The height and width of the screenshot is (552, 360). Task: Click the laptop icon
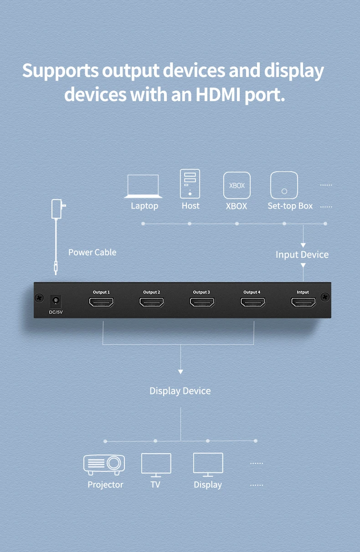[143, 186]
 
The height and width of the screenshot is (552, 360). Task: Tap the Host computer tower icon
[190, 184]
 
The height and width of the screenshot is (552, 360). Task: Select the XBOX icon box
[237, 185]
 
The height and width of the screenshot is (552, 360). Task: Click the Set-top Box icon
[284, 185]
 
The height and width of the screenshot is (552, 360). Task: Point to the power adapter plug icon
[58, 209]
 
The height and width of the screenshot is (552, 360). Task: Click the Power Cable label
[92, 252]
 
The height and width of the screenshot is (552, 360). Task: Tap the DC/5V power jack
[56, 301]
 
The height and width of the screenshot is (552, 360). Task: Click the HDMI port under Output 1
[101, 302]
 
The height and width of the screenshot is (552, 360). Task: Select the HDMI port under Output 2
[152, 302]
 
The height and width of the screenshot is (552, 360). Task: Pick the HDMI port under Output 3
[202, 302]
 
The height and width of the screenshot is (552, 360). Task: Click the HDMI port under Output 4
[253, 302]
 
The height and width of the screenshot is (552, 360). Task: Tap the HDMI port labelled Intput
[303, 302]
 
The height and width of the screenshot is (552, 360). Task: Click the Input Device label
[302, 255]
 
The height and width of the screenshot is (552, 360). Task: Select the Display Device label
[180, 391]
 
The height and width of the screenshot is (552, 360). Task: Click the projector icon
[104, 465]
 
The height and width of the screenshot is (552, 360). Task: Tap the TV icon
[156, 465]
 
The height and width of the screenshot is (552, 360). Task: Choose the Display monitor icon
[208, 465]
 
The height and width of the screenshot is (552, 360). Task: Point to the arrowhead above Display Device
[180, 372]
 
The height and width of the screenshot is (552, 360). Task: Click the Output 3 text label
[201, 292]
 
